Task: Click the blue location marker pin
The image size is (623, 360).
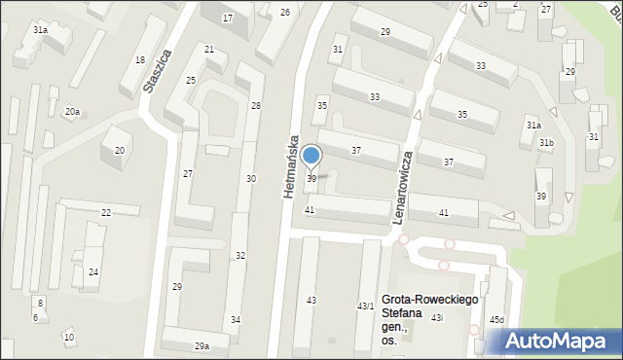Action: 311,156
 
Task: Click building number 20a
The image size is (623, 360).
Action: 72,112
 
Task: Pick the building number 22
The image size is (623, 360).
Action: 105,212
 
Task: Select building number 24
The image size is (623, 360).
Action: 93,271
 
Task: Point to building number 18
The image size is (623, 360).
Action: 140,60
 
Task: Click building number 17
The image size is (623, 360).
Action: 228,18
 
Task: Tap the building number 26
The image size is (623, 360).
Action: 285,12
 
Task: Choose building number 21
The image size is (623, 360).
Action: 209,49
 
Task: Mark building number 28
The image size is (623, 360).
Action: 255,105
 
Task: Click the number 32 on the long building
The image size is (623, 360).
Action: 240,255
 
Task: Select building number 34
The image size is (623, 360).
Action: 235,319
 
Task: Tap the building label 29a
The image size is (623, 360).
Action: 202,346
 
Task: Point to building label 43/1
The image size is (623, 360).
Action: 365,306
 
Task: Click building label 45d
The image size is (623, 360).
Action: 496,320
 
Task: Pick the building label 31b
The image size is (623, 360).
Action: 547,143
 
